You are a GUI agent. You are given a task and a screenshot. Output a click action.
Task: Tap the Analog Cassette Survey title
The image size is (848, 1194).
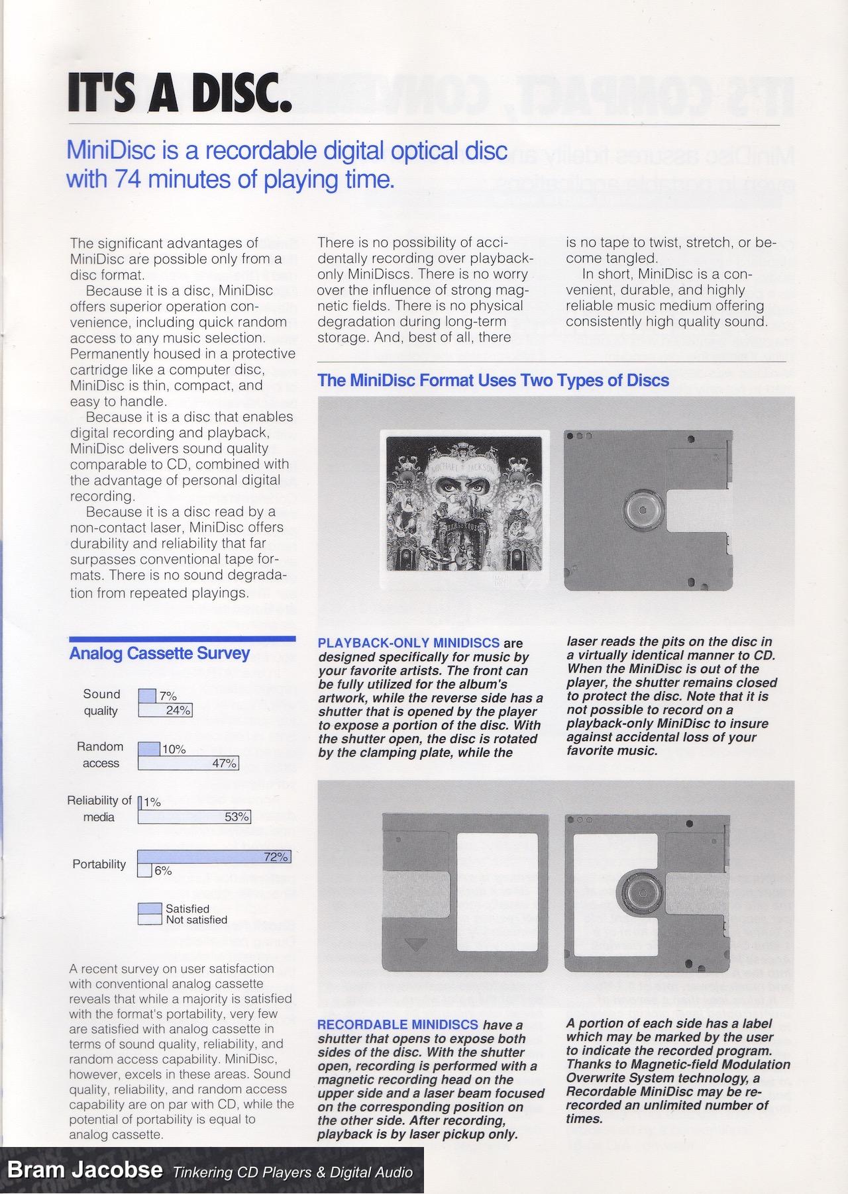pos(160,654)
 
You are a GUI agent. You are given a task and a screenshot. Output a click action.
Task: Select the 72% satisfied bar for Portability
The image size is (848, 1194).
pos(214,857)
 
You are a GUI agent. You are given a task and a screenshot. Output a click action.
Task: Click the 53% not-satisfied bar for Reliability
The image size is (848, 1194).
pos(193,817)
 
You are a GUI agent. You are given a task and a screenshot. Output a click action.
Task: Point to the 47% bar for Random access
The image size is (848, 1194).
pos(188,763)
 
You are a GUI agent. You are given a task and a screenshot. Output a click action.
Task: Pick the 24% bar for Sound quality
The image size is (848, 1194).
pos(165,711)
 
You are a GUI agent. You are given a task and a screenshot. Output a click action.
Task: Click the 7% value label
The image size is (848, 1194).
pos(168,696)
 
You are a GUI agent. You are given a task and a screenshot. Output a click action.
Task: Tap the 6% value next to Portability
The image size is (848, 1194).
pos(163,871)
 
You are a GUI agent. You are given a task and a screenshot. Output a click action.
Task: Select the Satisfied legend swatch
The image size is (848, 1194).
pos(150,909)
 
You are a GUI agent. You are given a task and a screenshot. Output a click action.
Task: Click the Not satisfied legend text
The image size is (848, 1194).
pos(196,920)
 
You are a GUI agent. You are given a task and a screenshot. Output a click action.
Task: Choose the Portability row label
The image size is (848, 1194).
pos(99,864)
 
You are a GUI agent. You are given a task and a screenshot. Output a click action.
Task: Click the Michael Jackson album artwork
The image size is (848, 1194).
pos(461,510)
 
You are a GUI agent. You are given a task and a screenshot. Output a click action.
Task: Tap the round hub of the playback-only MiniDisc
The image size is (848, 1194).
pos(642,511)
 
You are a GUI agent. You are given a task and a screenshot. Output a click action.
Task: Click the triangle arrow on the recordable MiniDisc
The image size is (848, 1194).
pos(415,944)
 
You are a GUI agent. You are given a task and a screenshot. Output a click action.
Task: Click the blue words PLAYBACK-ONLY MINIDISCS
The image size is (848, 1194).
pos(409,643)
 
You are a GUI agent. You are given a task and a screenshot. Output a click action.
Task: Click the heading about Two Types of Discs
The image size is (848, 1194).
pos(494,381)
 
